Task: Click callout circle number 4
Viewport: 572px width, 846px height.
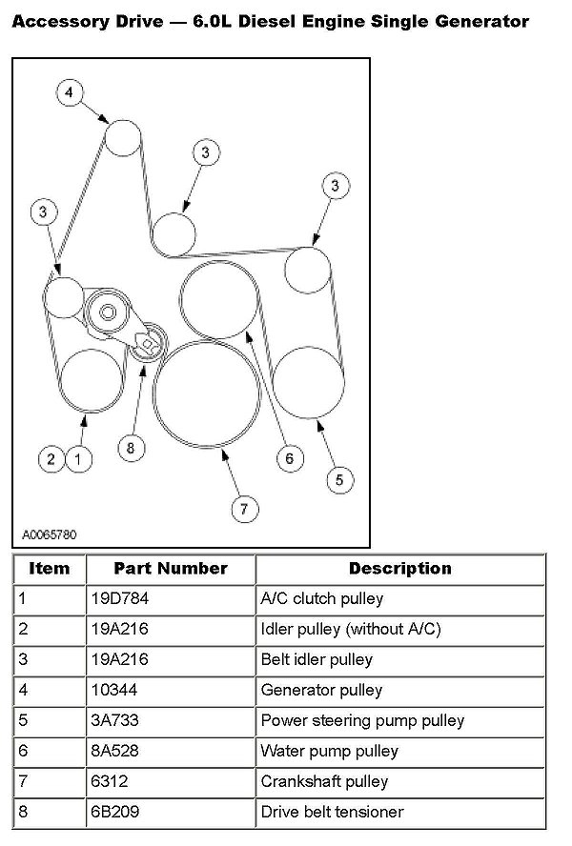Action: (70, 92)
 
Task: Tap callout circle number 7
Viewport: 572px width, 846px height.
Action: (243, 509)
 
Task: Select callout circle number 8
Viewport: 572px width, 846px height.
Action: (133, 445)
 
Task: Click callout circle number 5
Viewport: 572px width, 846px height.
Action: (339, 480)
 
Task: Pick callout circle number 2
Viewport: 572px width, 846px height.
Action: (51, 459)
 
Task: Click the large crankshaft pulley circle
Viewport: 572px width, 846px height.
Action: (206, 392)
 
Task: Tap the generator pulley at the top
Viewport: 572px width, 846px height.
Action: (122, 138)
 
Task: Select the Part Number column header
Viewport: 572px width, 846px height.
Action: (171, 569)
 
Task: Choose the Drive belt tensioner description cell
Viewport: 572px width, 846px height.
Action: (332, 812)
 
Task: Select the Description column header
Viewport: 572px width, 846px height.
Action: (400, 569)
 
